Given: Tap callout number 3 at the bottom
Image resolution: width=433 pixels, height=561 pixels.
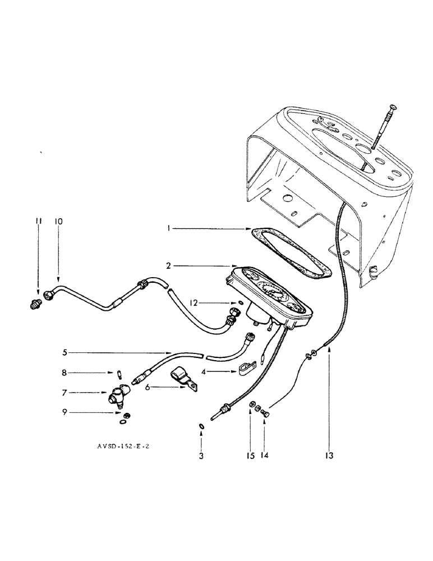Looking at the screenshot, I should [x=201, y=456].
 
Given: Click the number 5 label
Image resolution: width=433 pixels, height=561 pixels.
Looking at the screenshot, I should [x=66, y=353].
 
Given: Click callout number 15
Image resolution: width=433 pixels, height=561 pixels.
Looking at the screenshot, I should [x=251, y=456].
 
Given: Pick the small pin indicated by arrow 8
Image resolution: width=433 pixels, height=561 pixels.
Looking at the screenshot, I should [x=119, y=375].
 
